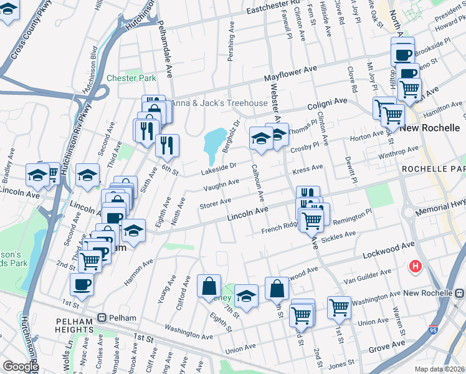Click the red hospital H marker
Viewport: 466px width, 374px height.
pyautogui.click(x=416, y=267)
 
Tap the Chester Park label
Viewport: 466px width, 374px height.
pyautogui.click(x=131, y=79)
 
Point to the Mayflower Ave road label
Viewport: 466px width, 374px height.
pyautogui.click(x=290, y=74)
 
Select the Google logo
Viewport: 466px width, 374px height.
pyautogui.click(x=20, y=367)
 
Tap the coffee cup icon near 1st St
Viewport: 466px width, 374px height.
pyautogui.click(x=82, y=285)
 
